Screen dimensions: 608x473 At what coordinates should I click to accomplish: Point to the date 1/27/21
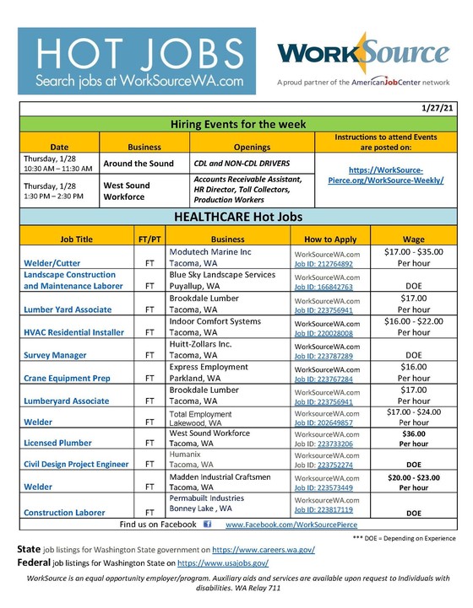point(436,109)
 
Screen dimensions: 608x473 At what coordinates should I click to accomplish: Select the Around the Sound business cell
point(139,163)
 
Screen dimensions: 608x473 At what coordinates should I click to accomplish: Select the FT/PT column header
point(149,239)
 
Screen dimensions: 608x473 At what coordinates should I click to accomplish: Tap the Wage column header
point(414,239)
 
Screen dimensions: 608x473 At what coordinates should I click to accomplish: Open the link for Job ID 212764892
point(323,264)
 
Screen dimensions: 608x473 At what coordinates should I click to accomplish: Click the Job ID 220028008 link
point(323,333)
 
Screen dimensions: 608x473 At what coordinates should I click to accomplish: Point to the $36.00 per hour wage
point(414,433)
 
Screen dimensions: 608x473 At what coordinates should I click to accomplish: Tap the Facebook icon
point(208,525)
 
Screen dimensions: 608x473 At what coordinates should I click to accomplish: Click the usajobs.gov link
point(223,562)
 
